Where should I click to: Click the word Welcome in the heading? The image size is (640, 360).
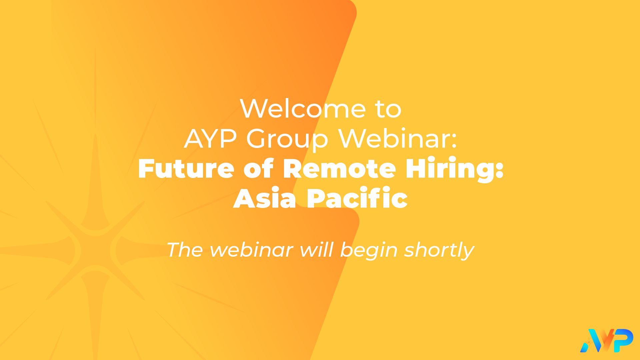click(303, 108)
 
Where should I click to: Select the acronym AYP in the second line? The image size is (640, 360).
click(210, 139)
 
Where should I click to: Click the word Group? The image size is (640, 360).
click(287, 140)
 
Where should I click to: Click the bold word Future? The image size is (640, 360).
click(186, 169)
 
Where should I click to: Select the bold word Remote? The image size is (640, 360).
click(339, 169)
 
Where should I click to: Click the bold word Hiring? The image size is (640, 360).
click(454, 170)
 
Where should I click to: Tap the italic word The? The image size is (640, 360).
click(185, 250)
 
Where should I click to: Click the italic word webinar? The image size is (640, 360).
click(252, 250)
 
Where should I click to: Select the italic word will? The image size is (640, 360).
click(316, 250)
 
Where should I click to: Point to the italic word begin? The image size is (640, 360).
click(369, 251)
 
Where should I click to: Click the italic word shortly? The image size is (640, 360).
click(439, 251)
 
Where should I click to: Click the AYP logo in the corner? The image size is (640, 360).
click(607, 340)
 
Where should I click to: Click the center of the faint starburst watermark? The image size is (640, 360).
click(95, 250)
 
